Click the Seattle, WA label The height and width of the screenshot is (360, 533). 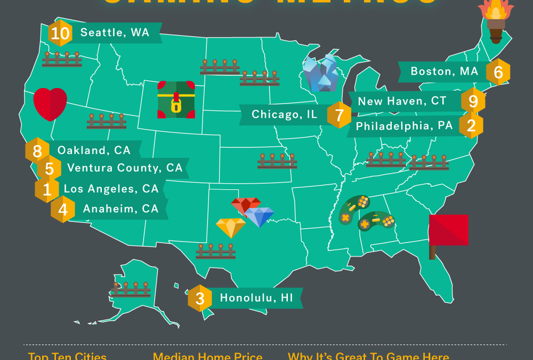pos(115,33)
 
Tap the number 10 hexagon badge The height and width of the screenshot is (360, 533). pos(60,34)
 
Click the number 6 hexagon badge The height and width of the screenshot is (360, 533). pos(498,72)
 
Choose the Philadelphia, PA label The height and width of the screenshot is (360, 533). pos(404,126)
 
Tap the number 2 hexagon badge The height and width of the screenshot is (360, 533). pos(471,126)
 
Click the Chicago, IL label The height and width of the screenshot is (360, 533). pos(284,115)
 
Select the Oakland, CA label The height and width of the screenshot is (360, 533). pos(94,150)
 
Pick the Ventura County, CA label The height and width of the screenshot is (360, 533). pos(125,168)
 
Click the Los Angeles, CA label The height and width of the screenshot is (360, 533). pos(111,189)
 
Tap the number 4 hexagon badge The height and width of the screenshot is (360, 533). pos(63,210)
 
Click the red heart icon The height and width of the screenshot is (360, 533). pos(50,104)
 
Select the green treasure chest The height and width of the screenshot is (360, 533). pos(176,100)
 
